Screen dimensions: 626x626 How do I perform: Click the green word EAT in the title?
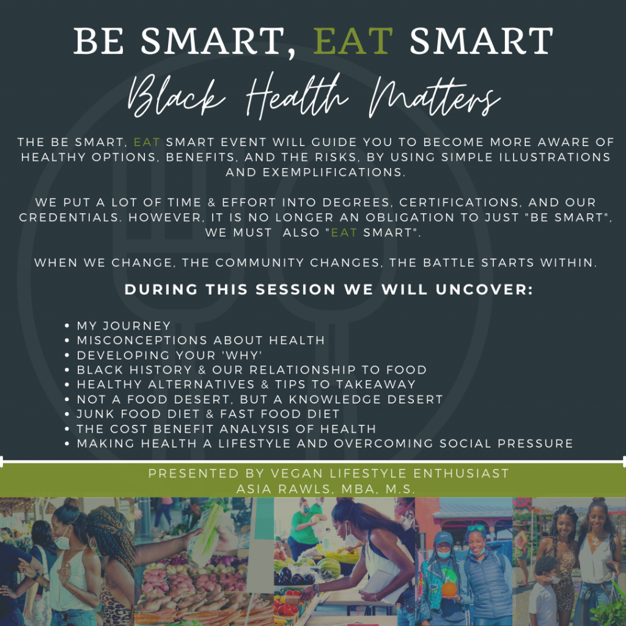point(353,41)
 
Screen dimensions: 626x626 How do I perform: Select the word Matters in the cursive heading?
point(434,97)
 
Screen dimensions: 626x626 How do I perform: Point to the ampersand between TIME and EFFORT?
point(212,202)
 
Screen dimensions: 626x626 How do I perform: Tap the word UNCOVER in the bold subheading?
point(484,289)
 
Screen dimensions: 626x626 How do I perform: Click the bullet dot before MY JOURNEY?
point(67,326)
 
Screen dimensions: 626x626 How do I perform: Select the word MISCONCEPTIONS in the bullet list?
point(142,340)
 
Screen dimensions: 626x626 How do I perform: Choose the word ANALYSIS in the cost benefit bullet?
point(254,429)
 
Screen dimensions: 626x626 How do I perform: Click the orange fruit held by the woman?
point(449,590)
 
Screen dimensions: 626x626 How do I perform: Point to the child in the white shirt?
point(543,592)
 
